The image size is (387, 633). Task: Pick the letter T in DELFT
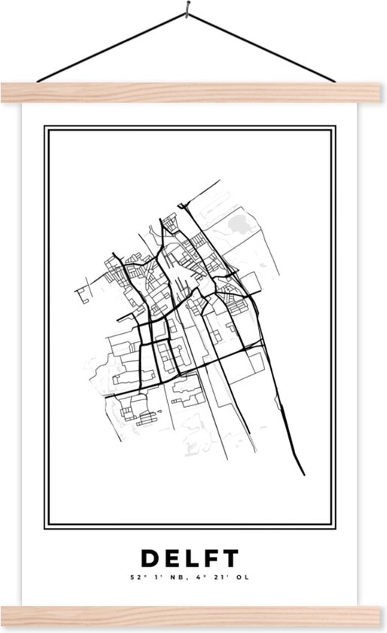pyautogui.click(x=231, y=558)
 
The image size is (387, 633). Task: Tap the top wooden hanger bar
pyautogui.click(x=193, y=93)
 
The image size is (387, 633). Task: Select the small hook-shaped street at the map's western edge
pyautogui.click(x=78, y=293)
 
